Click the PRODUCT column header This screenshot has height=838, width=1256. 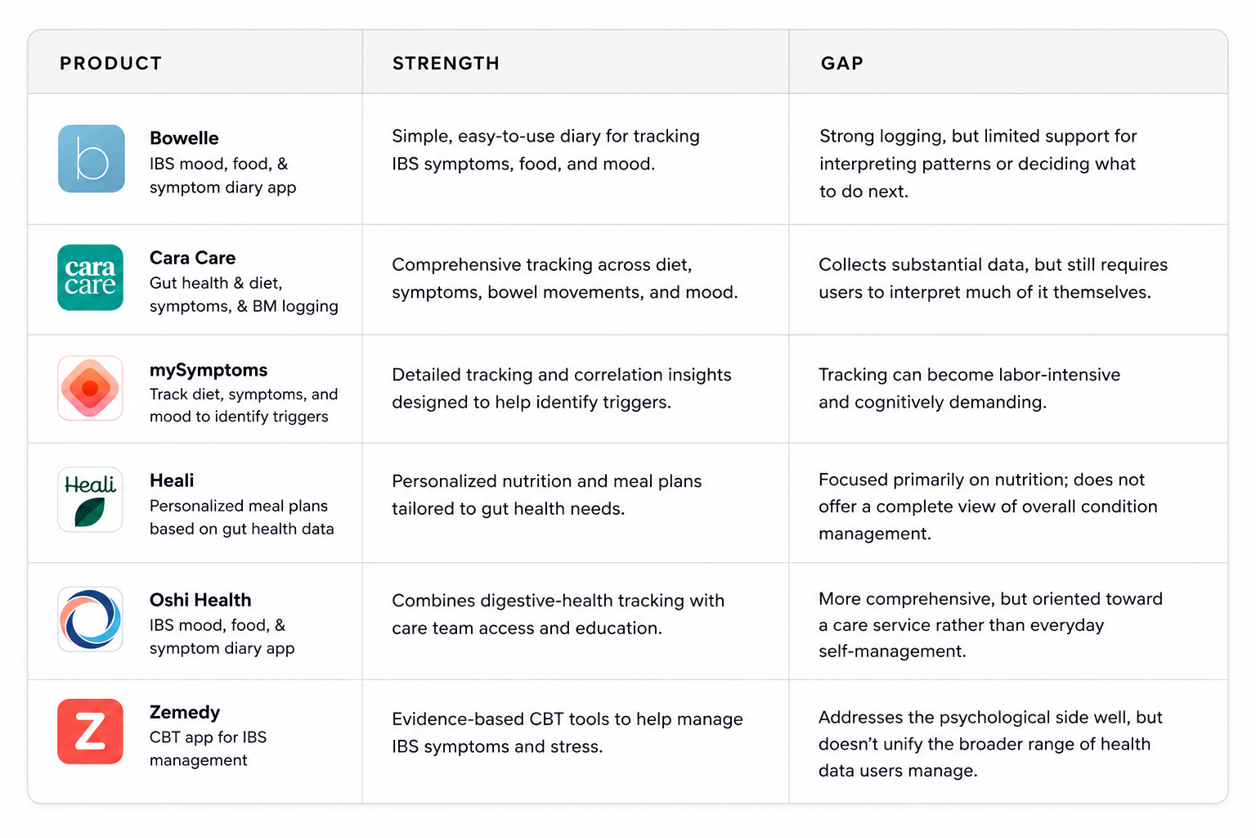(x=111, y=64)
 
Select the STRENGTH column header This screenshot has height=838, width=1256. (x=446, y=64)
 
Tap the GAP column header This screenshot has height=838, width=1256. (x=841, y=64)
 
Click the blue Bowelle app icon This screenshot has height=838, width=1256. (x=92, y=159)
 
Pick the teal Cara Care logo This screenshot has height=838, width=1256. (x=90, y=277)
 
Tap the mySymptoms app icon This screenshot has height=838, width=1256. (x=90, y=388)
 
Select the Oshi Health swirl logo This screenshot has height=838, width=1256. (x=90, y=619)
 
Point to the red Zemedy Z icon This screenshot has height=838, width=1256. (x=90, y=731)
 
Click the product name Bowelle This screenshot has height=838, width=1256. (x=184, y=138)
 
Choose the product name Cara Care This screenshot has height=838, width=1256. (x=192, y=258)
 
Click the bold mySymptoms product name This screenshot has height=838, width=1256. (x=209, y=371)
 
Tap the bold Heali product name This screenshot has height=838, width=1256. (x=172, y=480)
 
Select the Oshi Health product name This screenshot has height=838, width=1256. (x=200, y=600)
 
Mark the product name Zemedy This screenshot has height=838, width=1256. (x=185, y=712)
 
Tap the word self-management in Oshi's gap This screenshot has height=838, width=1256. (x=892, y=651)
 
